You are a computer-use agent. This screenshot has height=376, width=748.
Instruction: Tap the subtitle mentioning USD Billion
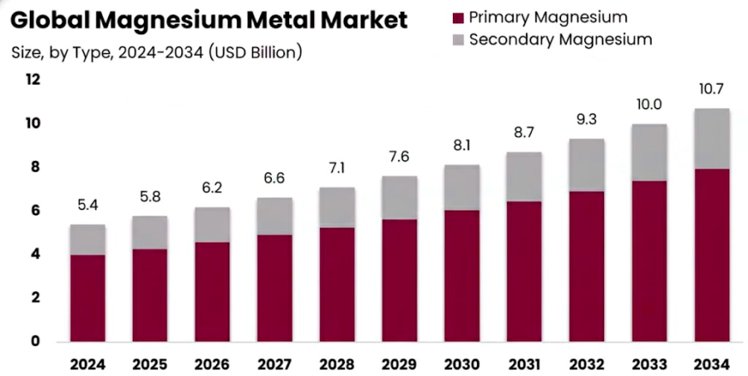[157, 52]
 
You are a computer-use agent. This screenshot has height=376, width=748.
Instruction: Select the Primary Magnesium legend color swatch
[456, 17]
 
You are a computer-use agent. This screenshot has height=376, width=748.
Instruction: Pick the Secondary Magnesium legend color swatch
[456, 39]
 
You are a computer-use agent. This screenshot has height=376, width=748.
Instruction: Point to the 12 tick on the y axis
[32, 80]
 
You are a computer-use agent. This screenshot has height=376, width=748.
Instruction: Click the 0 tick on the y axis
[36, 341]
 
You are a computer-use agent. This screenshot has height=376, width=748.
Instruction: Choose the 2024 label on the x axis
[87, 364]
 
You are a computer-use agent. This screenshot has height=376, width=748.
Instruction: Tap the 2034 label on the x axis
[712, 364]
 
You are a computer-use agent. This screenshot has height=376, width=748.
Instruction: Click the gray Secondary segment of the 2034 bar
[712, 139]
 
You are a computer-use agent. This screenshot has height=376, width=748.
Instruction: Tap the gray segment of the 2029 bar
[400, 198]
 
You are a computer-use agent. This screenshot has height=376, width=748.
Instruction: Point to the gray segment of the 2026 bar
[212, 224]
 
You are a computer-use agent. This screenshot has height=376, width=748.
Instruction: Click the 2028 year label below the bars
[337, 364]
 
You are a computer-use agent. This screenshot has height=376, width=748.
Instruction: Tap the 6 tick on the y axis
[36, 211]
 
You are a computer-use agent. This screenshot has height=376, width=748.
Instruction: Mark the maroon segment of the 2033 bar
[650, 261]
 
